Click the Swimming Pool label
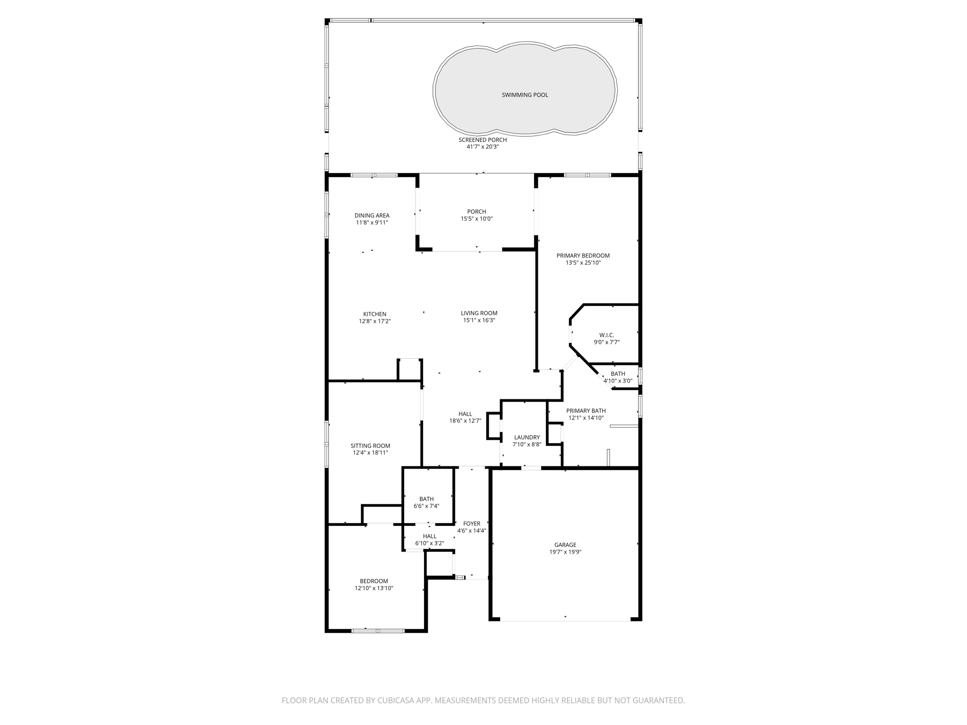(525, 95)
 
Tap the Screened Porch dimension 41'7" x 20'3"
(483, 147)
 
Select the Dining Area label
(372, 216)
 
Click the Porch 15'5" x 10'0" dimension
(476, 219)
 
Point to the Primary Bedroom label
(583, 256)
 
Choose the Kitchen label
(374, 314)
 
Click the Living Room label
(479, 313)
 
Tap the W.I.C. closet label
(606, 336)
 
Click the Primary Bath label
(585, 411)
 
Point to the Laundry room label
(526, 438)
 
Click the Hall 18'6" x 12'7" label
(465, 414)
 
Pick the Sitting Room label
(370, 446)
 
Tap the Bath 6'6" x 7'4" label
(426, 499)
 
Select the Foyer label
(471, 523)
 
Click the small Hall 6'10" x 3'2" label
(430, 536)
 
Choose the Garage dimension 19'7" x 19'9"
(565, 552)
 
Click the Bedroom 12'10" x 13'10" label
(373, 581)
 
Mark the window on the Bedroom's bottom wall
(378, 631)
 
